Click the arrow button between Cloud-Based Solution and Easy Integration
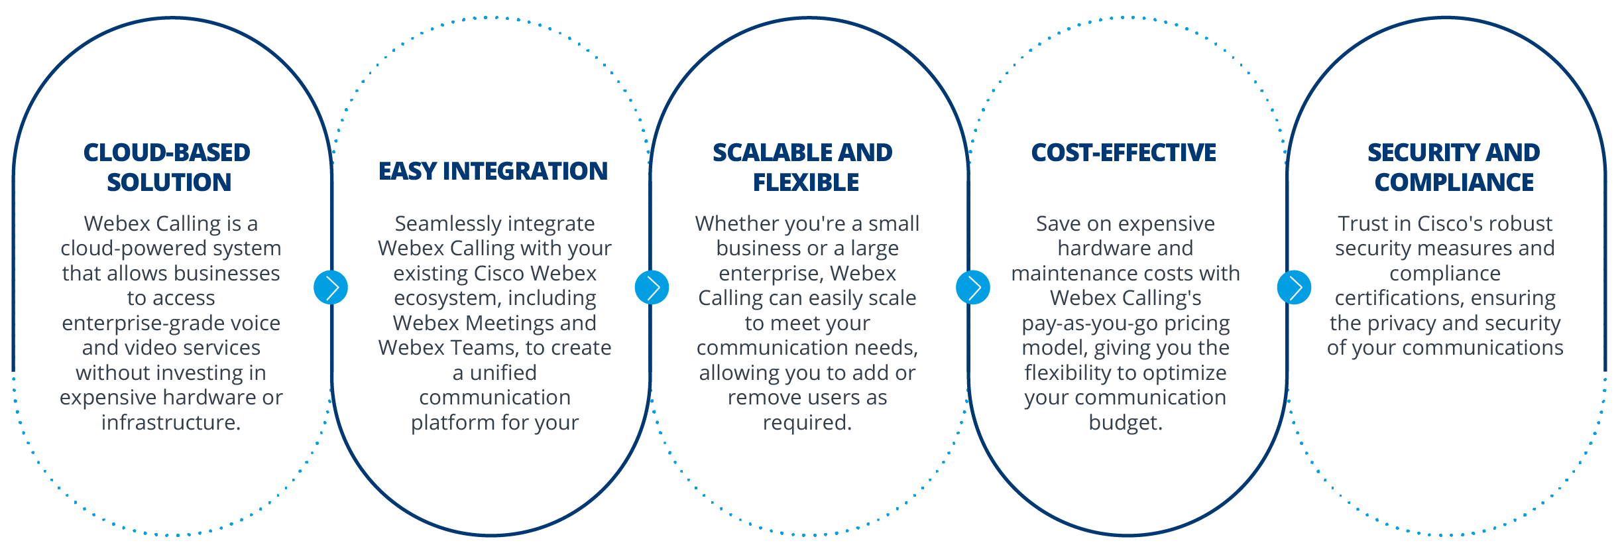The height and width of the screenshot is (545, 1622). click(x=331, y=288)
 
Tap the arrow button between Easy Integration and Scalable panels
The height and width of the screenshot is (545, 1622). click(x=652, y=288)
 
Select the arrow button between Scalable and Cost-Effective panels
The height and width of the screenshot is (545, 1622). click(x=972, y=288)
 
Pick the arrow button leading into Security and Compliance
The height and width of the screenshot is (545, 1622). click(x=1294, y=288)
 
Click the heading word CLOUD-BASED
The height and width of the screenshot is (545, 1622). click(x=167, y=153)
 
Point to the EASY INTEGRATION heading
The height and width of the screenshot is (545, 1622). click(x=493, y=171)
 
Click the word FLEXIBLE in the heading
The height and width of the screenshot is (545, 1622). click(x=806, y=182)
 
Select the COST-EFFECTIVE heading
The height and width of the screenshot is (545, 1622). click(x=1124, y=153)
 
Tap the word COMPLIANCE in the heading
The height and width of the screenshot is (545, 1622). click(x=1454, y=182)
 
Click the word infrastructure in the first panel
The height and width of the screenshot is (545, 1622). click(x=170, y=422)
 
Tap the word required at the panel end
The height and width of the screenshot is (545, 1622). click(x=805, y=422)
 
